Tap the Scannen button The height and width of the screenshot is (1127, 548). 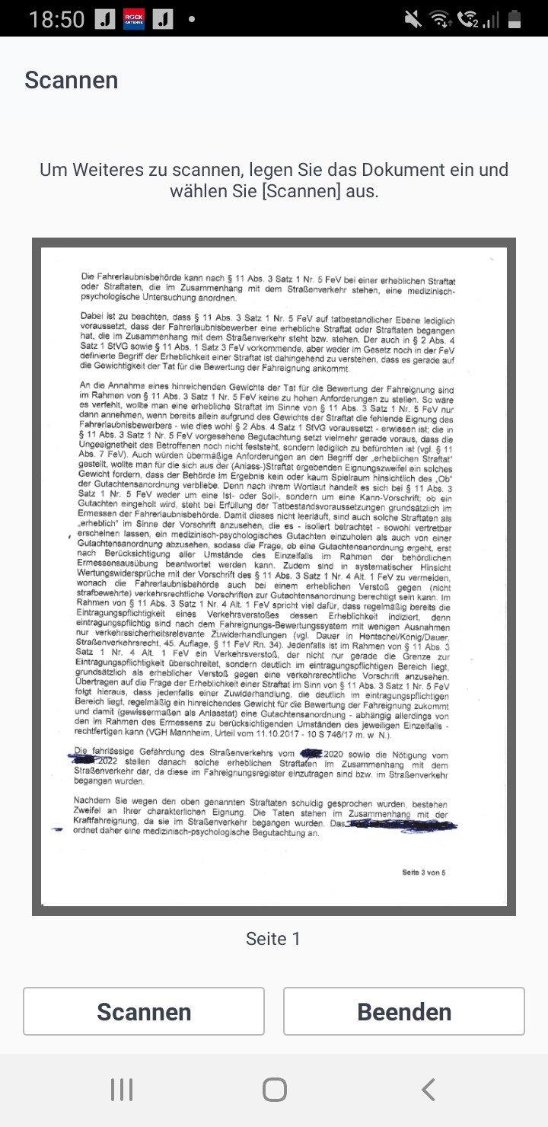pyautogui.click(x=144, y=1011)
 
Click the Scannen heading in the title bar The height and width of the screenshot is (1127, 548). pyautogui.click(x=72, y=80)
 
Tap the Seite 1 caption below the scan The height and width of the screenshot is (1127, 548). pyautogui.click(x=273, y=939)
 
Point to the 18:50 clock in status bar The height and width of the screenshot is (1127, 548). pyautogui.click(x=56, y=18)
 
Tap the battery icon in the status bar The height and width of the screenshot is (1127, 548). pyautogui.click(x=515, y=18)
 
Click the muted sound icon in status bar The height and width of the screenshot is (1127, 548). pyautogui.click(x=413, y=18)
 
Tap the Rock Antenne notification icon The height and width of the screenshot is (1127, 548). pyautogui.click(x=134, y=18)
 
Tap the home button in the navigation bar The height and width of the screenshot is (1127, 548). pyautogui.click(x=274, y=1090)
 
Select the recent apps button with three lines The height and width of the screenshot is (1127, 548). pyautogui.click(x=122, y=1090)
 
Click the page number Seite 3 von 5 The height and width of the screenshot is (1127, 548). pyautogui.click(x=424, y=872)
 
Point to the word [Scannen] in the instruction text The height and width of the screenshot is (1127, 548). pyautogui.click(x=301, y=191)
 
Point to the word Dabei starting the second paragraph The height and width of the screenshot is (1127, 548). pyautogui.click(x=92, y=314)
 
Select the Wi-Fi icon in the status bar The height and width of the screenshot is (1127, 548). pyautogui.click(x=439, y=18)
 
